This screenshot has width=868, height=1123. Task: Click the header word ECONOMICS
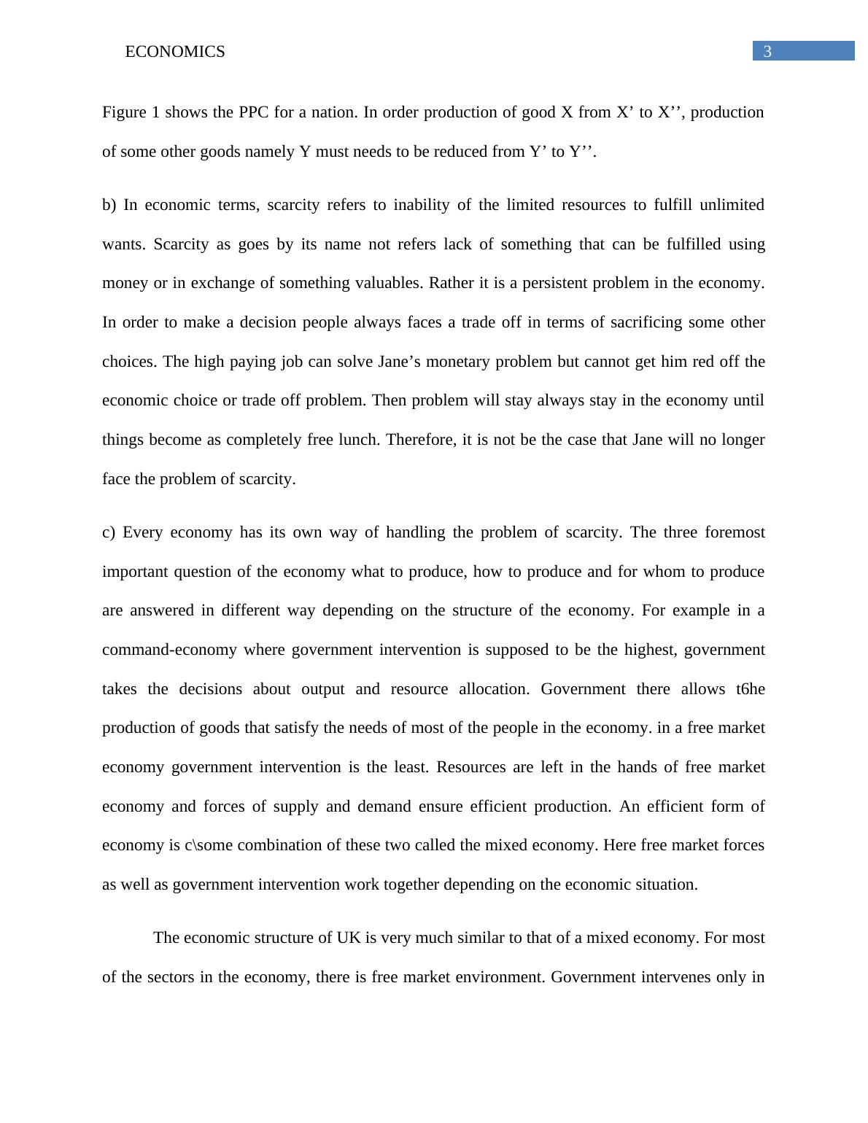click(x=175, y=52)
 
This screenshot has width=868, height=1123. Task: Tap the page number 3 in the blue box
click(x=767, y=52)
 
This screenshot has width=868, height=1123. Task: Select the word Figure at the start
click(x=124, y=112)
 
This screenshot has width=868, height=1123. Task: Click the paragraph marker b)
click(x=109, y=205)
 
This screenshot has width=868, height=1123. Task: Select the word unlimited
click(x=732, y=205)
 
